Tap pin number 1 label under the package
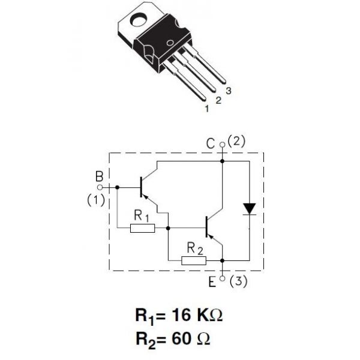coord(207,109)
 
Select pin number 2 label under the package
coord(218,100)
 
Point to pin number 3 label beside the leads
coord(229,91)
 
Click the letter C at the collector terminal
coord(211,143)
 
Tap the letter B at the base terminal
coord(98,177)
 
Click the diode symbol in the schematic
coord(249,208)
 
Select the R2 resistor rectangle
coord(193,260)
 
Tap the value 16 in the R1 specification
coord(183,315)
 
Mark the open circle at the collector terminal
coord(223,145)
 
